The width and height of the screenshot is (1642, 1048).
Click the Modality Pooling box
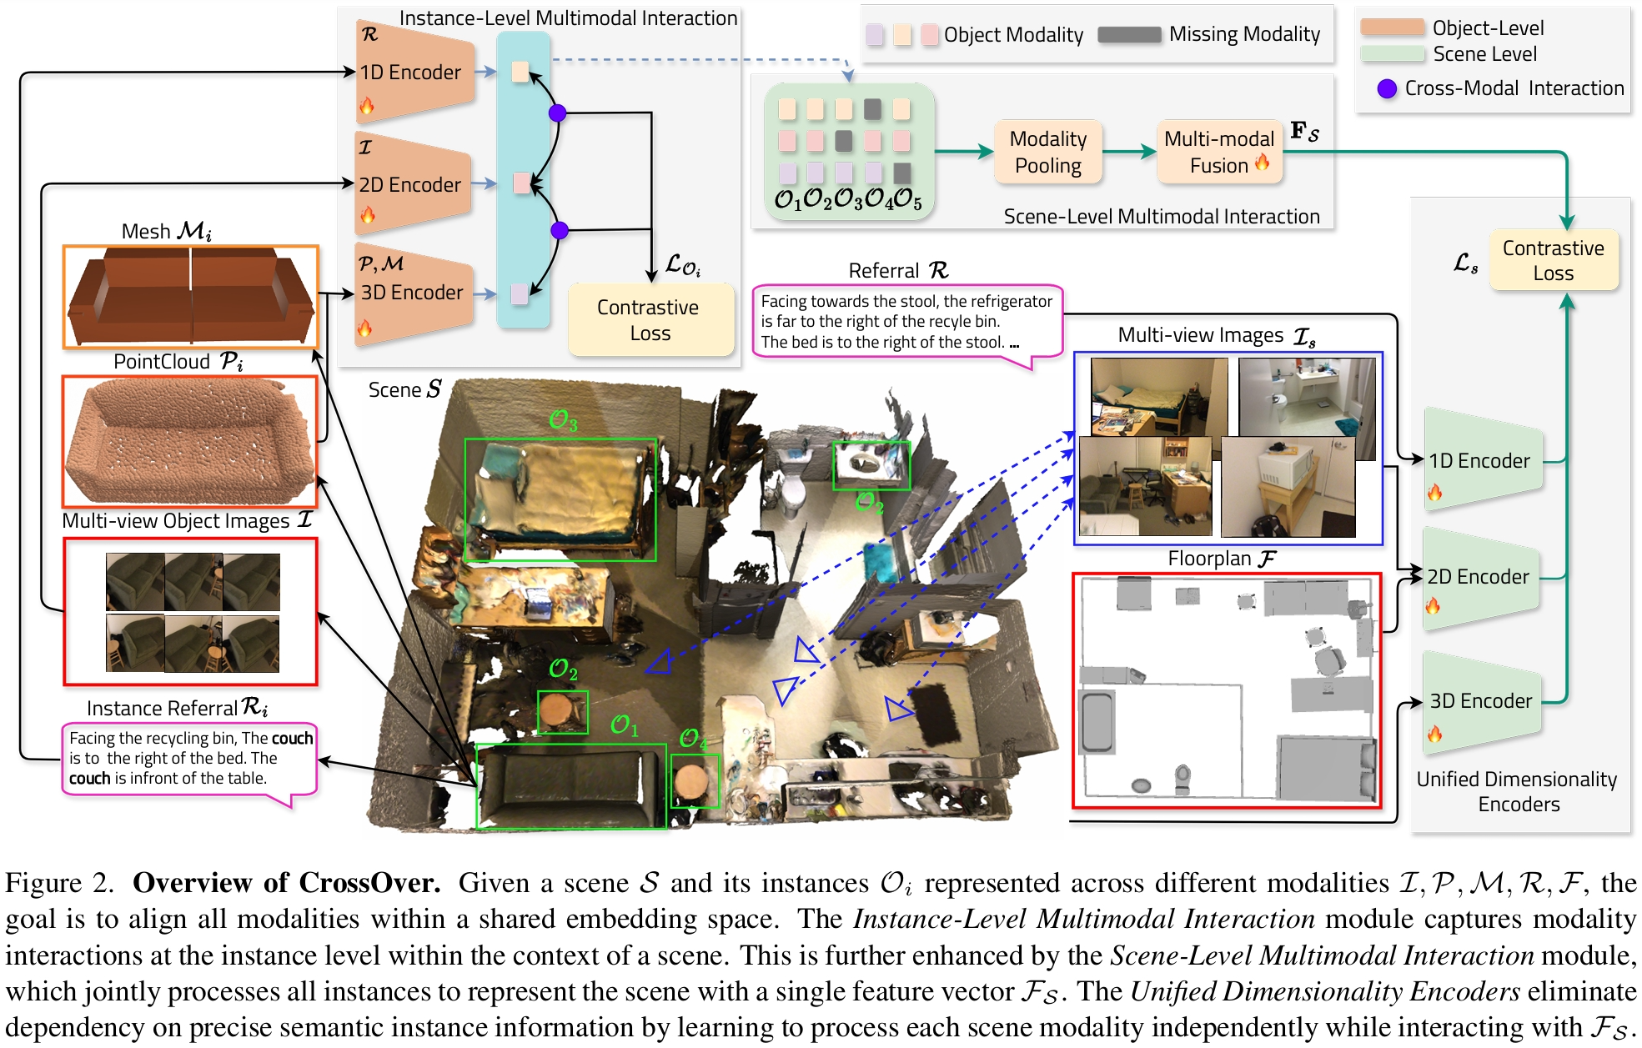[1047, 152]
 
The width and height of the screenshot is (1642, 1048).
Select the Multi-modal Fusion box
[1218, 152]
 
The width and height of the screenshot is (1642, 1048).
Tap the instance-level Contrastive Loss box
[650, 320]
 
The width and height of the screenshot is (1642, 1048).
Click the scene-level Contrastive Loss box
[1553, 260]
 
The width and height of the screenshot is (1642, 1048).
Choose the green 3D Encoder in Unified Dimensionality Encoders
[1481, 701]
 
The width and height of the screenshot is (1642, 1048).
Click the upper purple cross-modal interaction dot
[557, 113]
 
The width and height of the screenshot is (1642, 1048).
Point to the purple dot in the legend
[1386, 88]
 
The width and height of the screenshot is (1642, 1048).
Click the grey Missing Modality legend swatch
[1129, 34]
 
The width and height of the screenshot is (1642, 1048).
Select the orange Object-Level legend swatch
[1392, 28]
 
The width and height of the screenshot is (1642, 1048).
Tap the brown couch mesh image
[191, 297]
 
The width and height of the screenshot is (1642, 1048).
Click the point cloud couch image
[191, 440]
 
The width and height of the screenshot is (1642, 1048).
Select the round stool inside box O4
[692, 781]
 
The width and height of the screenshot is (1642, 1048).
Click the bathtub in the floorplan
[1097, 722]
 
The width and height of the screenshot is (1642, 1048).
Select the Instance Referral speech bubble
[189, 758]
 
